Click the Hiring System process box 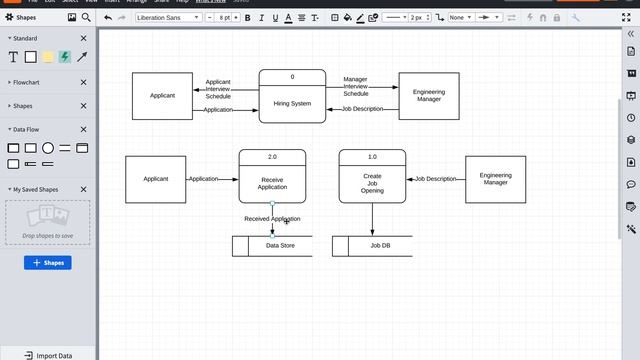coord(292,102)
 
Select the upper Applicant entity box coord(162,96)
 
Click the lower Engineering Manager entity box coord(495,179)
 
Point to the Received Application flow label coord(272,219)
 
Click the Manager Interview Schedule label coord(355,86)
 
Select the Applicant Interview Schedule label coord(218,89)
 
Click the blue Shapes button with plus coord(47,263)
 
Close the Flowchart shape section coord(84,82)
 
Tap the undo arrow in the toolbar coord(108,17)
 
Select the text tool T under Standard coord(12,57)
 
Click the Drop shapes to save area coord(47,223)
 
